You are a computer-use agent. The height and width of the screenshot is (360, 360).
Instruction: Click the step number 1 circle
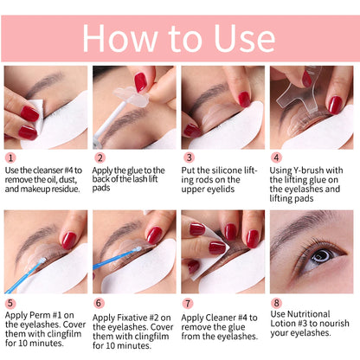click(10, 159)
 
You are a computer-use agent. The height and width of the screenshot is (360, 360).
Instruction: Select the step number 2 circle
click(100, 159)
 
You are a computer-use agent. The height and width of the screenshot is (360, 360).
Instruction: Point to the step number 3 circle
click(188, 159)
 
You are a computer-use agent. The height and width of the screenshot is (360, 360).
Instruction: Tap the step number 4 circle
click(277, 159)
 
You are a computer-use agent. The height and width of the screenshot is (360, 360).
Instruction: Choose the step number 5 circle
click(10, 303)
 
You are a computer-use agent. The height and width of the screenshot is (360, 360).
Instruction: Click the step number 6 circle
click(100, 303)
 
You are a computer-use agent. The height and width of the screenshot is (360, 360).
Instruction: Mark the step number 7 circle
click(188, 303)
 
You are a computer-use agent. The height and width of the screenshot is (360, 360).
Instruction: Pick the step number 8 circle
click(277, 303)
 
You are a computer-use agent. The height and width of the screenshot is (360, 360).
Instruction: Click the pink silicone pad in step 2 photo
click(139, 82)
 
